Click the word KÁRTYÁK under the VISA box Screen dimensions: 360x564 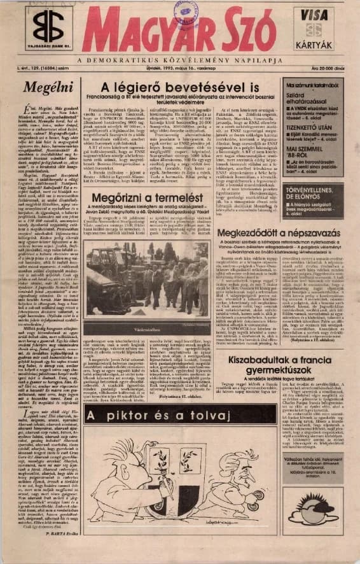pyautogui.click(x=317, y=47)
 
